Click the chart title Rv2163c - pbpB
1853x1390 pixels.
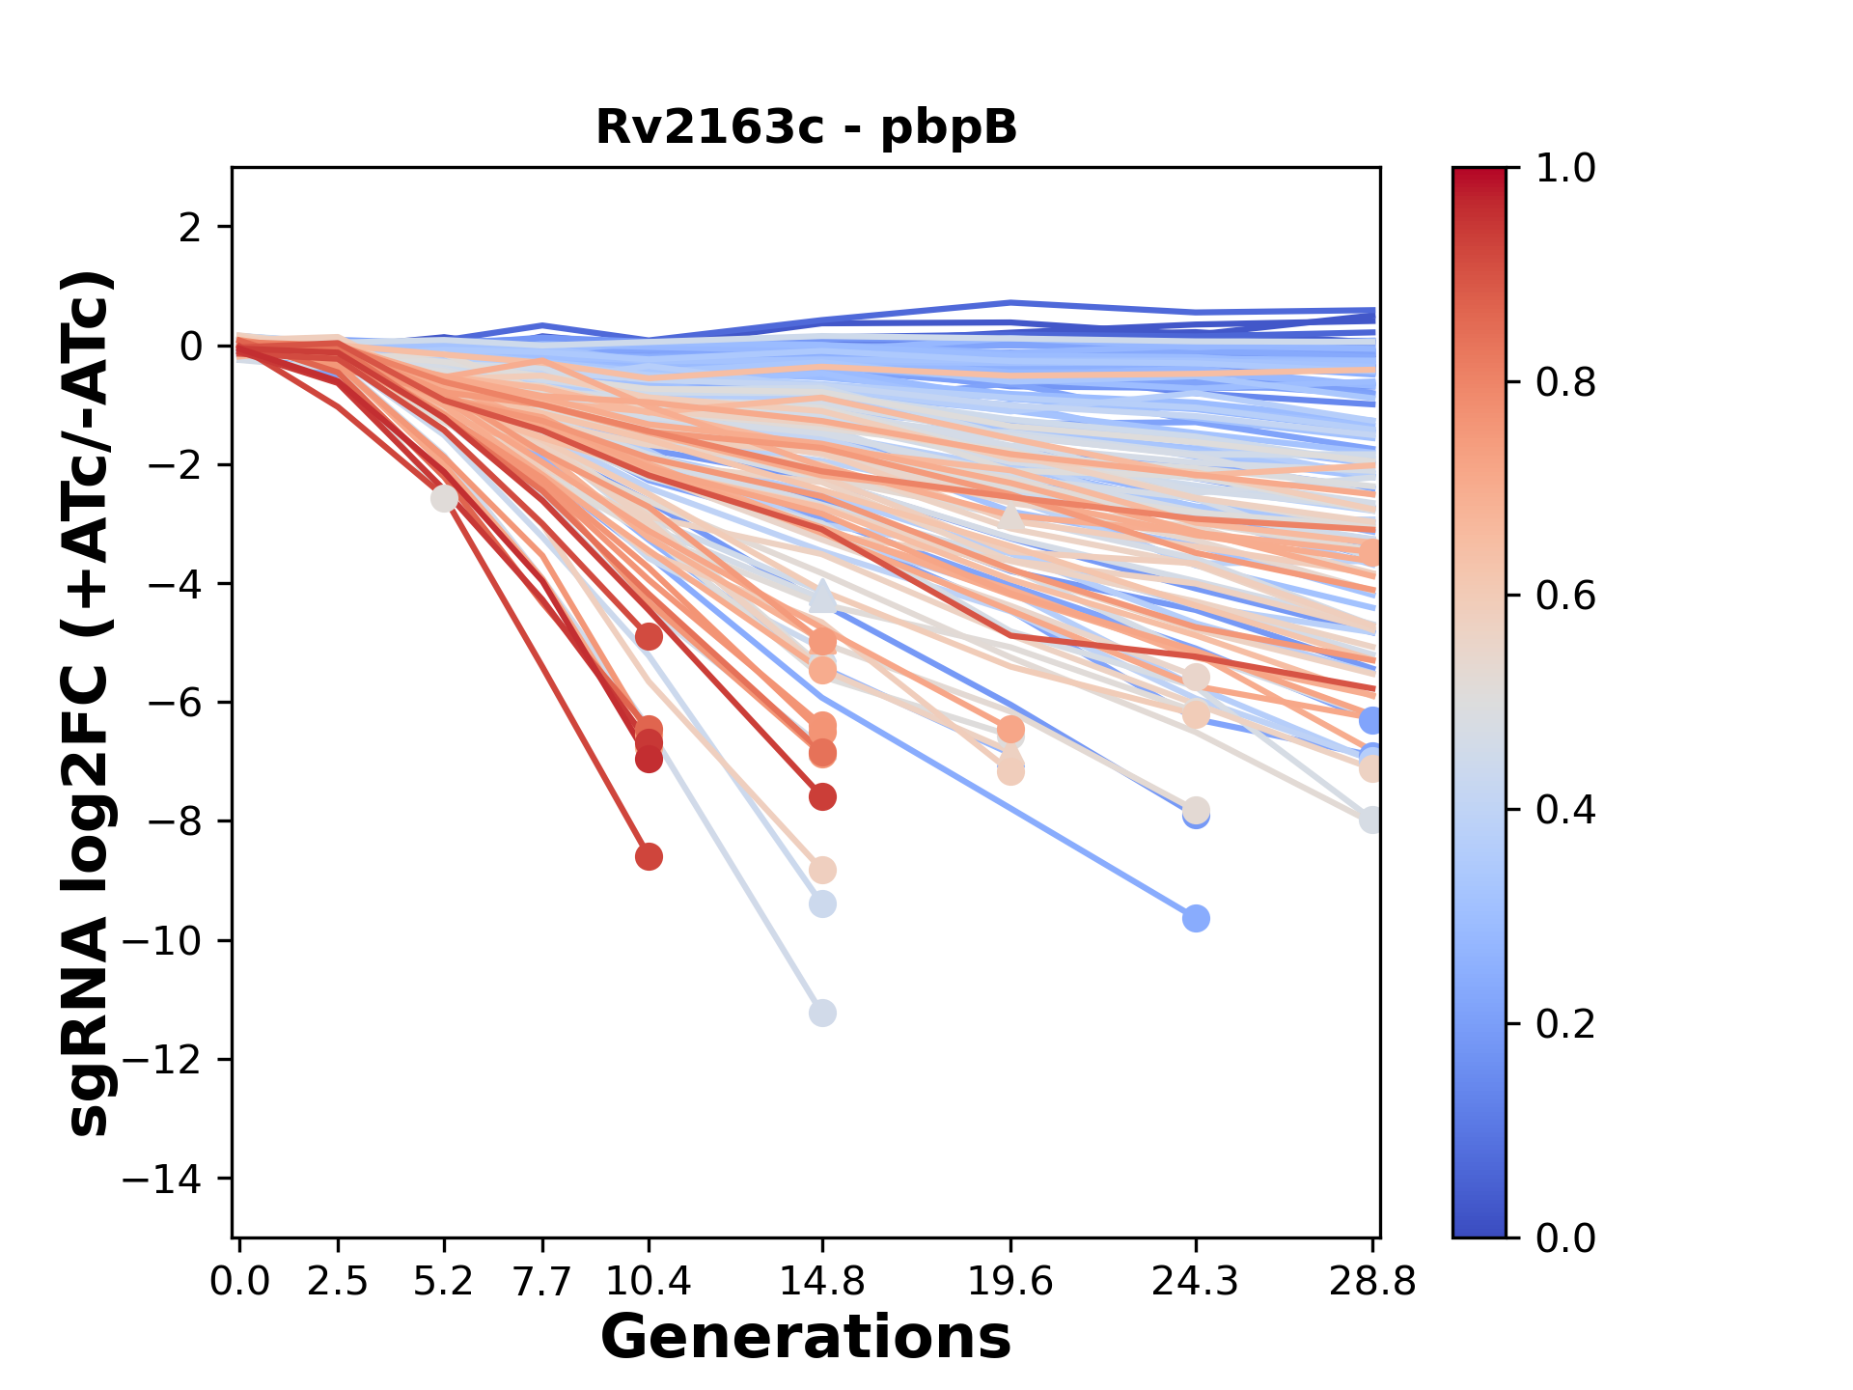[x=806, y=127]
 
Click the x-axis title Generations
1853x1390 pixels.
[x=806, y=1338]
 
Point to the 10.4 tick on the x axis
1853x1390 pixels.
[x=649, y=1281]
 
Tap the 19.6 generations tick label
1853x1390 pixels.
[x=1010, y=1281]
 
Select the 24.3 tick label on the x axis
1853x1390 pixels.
[x=1196, y=1281]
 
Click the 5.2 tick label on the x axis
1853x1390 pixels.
[x=444, y=1281]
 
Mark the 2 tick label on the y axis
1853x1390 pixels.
[x=191, y=228]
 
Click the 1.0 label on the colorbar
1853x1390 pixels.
[x=1565, y=169]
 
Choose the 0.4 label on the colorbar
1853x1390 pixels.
[x=1565, y=810]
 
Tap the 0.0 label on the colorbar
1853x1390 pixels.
[x=1565, y=1237]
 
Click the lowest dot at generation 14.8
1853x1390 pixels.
[x=822, y=1014]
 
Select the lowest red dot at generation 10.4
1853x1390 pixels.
[x=649, y=856]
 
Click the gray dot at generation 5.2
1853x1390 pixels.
[x=444, y=499]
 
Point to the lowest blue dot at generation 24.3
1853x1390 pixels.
[x=1196, y=918]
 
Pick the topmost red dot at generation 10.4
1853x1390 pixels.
[x=649, y=637]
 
